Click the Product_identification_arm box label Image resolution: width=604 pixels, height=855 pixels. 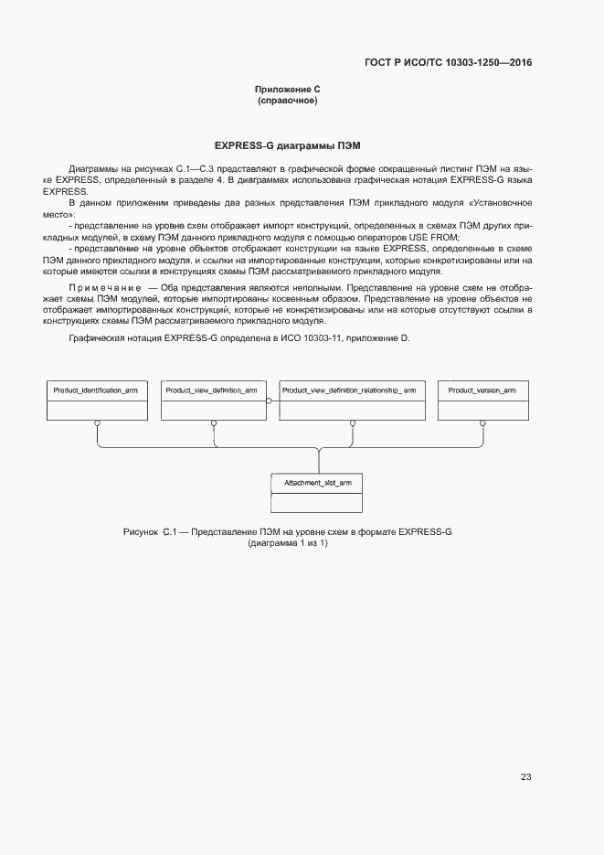tap(96, 390)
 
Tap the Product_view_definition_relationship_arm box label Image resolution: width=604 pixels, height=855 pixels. tap(349, 390)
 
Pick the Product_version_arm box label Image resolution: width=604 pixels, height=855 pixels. tap(482, 390)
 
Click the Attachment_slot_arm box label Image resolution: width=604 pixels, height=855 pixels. tap(318, 482)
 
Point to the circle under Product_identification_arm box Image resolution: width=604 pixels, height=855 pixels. tap(98, 423)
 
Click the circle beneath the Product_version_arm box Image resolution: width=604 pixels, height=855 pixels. tap(482, 423)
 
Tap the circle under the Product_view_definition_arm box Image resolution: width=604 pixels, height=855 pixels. tap(213, 423)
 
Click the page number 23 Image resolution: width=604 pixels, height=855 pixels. tap(525, 777)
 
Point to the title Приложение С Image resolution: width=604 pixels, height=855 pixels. tap(287, 89)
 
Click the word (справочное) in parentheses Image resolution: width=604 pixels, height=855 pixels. tap(287, 100)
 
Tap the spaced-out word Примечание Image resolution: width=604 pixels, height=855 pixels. tap(105, 288)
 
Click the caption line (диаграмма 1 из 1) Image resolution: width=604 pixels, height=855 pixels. tap(287, 543)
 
